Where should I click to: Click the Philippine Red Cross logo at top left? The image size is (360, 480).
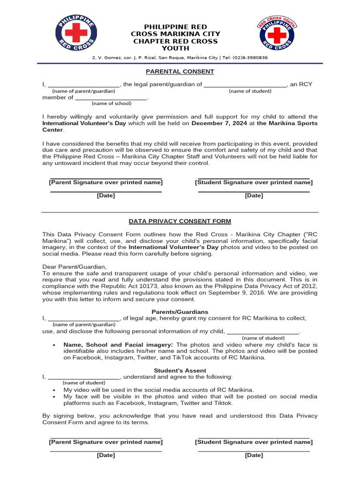76,35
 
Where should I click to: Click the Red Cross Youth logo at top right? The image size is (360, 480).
276,35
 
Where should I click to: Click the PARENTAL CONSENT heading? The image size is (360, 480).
180,72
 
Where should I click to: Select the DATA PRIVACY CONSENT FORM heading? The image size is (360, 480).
180,221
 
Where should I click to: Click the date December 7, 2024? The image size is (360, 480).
218,123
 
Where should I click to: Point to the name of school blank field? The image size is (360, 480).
111,97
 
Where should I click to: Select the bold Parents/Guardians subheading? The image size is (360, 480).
180,312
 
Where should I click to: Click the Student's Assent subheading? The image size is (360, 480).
180,370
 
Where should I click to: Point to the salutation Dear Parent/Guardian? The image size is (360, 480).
75,267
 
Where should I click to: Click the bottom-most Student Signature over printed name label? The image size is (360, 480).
254,442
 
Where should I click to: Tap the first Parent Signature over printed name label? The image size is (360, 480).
106,182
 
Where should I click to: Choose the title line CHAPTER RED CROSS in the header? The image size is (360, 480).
175,41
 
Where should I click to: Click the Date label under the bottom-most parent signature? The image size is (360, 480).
106,455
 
